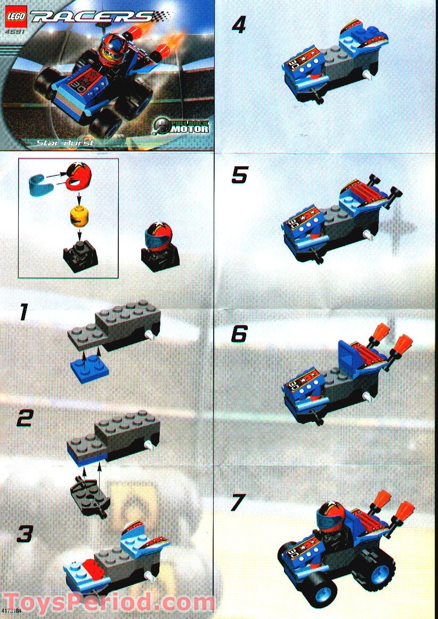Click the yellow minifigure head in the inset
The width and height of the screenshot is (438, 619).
click(78, 218)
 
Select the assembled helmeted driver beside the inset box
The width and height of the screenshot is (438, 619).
click(159, 245)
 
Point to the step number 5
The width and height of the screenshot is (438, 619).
click(239, 175)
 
